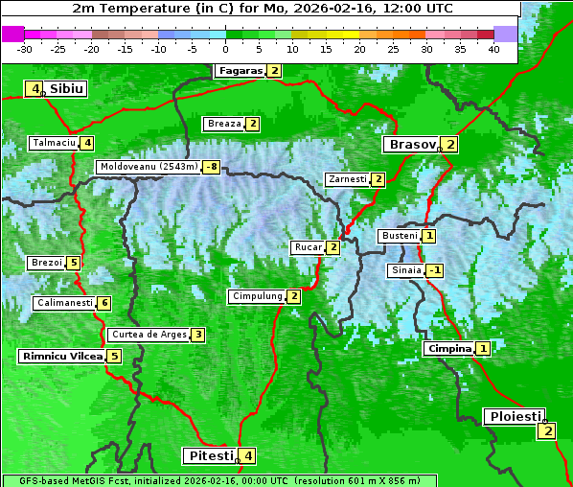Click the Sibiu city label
67,89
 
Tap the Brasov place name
411,145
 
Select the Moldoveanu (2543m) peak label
149,167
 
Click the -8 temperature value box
211,167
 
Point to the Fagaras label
240,71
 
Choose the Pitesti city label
210,455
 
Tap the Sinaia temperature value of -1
435,270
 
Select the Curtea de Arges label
148,335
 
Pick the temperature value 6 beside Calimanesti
103,303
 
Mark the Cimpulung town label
257,296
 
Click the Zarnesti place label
347,179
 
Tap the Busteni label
399,236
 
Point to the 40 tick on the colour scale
493,49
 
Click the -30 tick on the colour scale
25,49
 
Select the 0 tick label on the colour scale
225,49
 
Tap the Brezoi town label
46,263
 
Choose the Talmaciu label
54,143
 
